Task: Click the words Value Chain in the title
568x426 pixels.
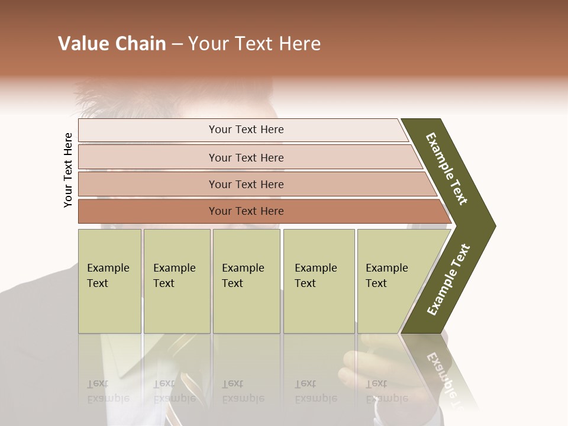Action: tap(112, 44)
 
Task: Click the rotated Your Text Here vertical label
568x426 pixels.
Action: tap(68, 170)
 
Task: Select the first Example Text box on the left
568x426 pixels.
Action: tap(109, 281)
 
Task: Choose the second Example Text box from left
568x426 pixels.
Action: tap(177, 281)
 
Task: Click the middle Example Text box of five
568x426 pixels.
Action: tap(246, 281)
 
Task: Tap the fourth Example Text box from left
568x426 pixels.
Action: tap(319, 281)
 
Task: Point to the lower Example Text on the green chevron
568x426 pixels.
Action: tap(448, 279)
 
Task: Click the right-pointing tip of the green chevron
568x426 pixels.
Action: tap(491, 225)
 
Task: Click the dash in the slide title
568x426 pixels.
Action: tap(177, 44)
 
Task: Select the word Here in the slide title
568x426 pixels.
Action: tap(299, 44)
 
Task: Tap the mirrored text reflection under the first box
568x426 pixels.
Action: tap(108, 391)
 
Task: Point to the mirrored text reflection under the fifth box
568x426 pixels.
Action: tap(386, 391)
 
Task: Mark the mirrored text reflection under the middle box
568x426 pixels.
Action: tap(243, 391)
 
